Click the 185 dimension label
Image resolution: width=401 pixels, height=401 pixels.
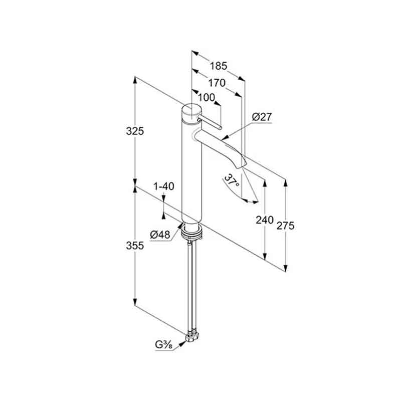[219, 66]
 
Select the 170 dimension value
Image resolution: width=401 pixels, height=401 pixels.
[217, 83]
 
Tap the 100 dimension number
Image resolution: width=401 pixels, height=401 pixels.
[207, 97]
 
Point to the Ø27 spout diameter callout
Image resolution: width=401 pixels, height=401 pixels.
[262, 117]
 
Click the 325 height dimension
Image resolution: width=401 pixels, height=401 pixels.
[135, 131]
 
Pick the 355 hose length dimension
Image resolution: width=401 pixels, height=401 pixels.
[135, 246]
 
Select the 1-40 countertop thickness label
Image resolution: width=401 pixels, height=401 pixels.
[164, 186]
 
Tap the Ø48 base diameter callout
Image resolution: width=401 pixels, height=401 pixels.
[160, 234]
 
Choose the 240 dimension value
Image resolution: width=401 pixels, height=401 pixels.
[265, 220]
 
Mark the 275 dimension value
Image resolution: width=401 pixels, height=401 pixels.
[285, 226]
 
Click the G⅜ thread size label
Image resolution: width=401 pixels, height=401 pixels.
[164, 345]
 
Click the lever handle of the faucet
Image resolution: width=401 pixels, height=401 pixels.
[209, 122]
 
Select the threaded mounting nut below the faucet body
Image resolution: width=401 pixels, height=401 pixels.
[191, 232]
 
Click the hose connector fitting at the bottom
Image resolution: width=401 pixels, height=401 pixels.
[191, 337]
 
